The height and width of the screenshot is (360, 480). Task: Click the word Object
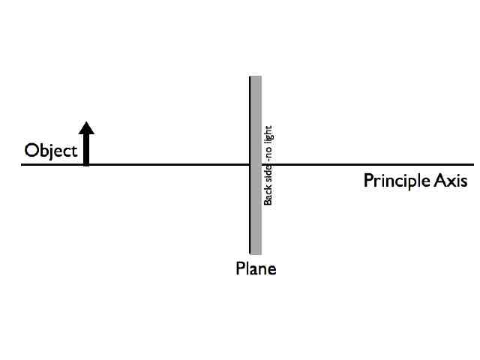coord(51,151)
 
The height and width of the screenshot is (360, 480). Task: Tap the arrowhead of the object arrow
coord(87,128)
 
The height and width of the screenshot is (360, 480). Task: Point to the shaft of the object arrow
coord(87,148)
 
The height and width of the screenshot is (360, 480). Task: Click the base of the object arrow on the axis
coord(87,163)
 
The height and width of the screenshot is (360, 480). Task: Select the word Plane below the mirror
coord(256,268)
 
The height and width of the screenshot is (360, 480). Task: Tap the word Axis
coord(451,181)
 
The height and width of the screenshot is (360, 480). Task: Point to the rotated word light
coord(268,135)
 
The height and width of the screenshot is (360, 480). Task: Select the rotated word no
coord(268,154)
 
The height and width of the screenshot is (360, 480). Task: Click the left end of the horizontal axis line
coord(22,164)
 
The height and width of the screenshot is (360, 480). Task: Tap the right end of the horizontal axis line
coord(472,164)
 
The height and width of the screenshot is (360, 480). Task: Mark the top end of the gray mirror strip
coord(256,77)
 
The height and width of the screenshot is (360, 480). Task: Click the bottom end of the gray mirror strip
coord(256,253)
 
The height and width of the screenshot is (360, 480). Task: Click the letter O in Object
coord(31,151)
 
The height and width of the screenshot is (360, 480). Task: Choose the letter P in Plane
coord(241,268)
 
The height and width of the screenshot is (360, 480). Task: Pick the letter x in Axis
coord(451,182)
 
